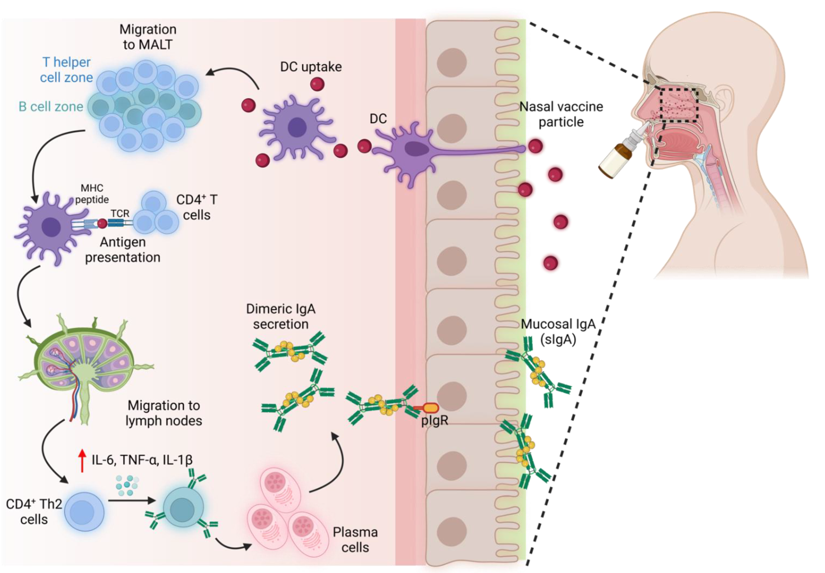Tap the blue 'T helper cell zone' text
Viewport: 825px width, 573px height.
click(x=67, y=70)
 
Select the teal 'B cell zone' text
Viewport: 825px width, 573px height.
click(x=51, y=107)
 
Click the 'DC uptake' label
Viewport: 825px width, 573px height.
click(x=311, y=67)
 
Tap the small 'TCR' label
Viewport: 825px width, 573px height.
click(x=120, y=214)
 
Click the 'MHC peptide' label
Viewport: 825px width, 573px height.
click(x=92, y=194)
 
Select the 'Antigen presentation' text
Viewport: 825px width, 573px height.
click(x=123, y=250)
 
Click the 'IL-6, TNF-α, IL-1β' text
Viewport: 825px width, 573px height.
click(x=142, y=460)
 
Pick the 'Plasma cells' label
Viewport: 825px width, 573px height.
click(x=355, y=540)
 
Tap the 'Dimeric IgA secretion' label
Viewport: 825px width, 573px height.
click(x=281, y=316)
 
